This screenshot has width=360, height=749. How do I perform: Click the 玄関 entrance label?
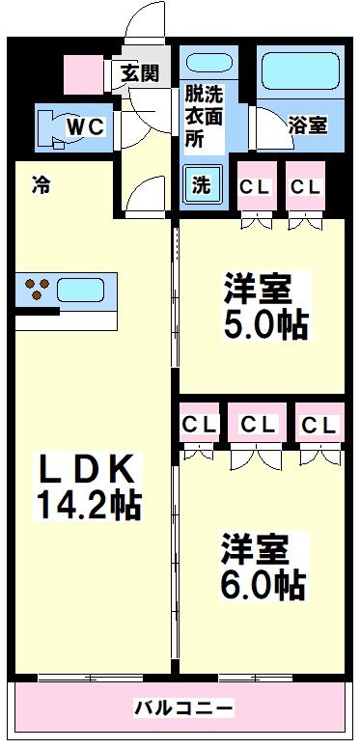coord(140,74)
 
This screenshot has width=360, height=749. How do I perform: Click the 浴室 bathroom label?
coord(308,124)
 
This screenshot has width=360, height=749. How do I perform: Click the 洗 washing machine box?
coord(201,185)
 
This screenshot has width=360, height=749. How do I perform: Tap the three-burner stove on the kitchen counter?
coord(39,288)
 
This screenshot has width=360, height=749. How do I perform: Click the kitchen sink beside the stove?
coord(86,289)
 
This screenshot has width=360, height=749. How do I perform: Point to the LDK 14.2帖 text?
coord(88,486)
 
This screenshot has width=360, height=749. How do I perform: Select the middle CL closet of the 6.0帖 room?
coord(258,426)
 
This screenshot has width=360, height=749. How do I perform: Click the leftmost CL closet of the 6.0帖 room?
coord(200,426)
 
